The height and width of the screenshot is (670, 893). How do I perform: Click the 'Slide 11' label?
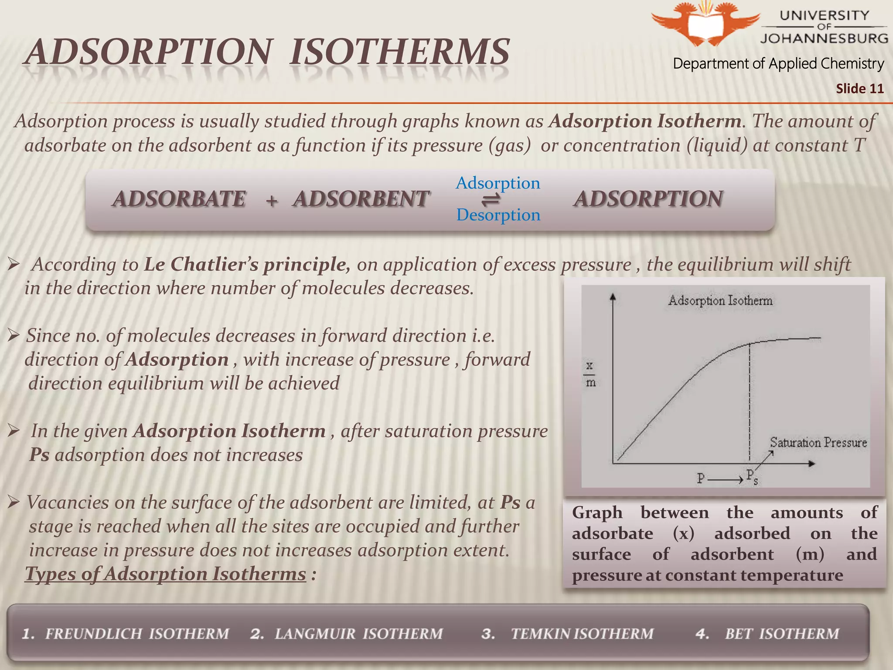point(859,89)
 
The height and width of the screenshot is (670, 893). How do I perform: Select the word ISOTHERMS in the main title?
point(399,52)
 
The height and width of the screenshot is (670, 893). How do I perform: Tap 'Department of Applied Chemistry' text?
point(778,64)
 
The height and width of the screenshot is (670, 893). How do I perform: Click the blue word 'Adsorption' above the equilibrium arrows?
point(498,183)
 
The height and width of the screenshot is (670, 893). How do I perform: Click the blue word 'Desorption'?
point(498,215)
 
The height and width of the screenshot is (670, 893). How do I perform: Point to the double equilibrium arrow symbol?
point(491,200)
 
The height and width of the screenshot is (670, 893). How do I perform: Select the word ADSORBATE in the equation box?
point(179,199)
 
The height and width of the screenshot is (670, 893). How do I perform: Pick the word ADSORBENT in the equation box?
point(361,199)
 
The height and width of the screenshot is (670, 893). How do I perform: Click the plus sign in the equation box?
point(272,201)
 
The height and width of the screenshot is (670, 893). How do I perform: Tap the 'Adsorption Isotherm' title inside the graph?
point(720,301)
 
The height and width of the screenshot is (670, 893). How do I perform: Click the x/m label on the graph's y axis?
point(590,374)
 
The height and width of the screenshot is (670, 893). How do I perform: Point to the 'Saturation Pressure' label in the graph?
point(818,442)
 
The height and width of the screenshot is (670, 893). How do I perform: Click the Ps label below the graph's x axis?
point(752,476)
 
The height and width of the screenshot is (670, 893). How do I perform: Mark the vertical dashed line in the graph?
point(750,401)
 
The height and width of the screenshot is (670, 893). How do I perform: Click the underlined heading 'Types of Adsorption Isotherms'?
point(166,574)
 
